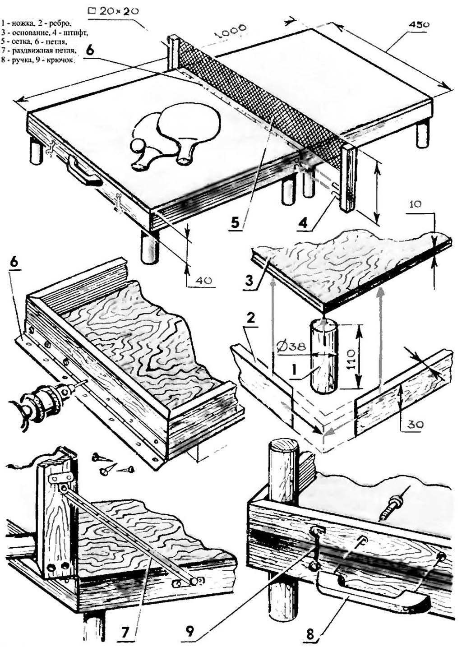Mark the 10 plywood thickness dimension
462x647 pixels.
pyautogui.click(x=416, y=203)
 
